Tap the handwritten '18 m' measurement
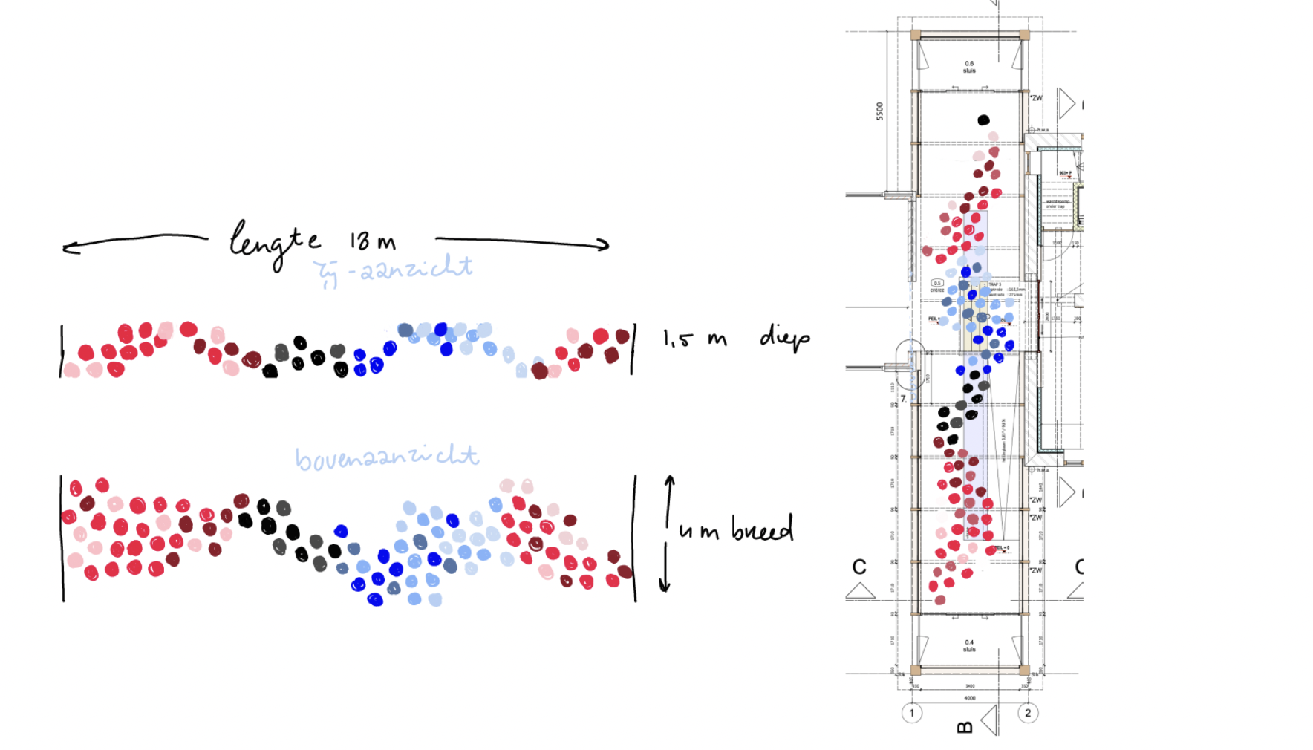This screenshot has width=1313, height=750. pyautogui.click(x=373, y=241)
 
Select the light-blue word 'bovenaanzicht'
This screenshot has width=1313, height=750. pyautogui.click(x=386, y=457)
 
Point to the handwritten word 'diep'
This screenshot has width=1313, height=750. pyautogui.click(x=784, y=338)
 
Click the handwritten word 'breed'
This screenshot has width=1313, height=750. pyautogui.click(x=762, y=529)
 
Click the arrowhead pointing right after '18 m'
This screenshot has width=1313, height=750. pyautogui.click(x=603, y=244)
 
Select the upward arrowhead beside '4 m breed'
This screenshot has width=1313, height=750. pyautogui.click(x=669, y=481)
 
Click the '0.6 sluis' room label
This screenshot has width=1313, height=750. pyautogui.click(x=969, y=67)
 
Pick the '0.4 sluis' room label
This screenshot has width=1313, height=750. pyautogui.click(x=969, y=645)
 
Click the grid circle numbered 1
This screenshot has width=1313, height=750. pyautogui.click(x=912, y=713)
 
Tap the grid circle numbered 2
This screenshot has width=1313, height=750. pyautogui.click(x=1028, y=713)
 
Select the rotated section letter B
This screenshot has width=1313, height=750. pyautogui.click(x=965, y=727)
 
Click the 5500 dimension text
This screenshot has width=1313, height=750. pyautogui.click(x=880, y=111)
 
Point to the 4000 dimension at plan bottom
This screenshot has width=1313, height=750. pyautogui.click(x=970, y=698)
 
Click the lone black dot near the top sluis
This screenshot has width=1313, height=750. pyautogui.click(x=983, y=120)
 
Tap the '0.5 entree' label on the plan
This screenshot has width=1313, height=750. pyautogui.click(x=937, y=286)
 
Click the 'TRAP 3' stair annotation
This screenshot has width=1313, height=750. pyautogui.click(x=994, y=284)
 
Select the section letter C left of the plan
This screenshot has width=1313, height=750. pyautogui.click(x=859, y=567)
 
